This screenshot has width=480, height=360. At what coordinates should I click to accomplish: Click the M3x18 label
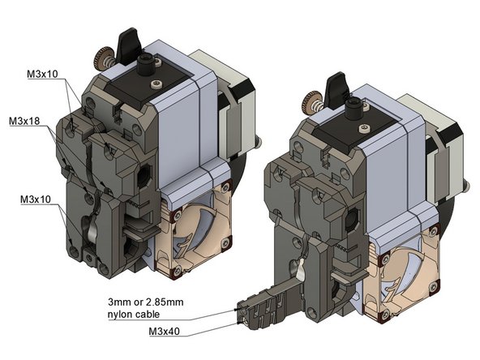(25, 122)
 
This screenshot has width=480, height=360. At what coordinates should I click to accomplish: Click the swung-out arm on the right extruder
(268, 303)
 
